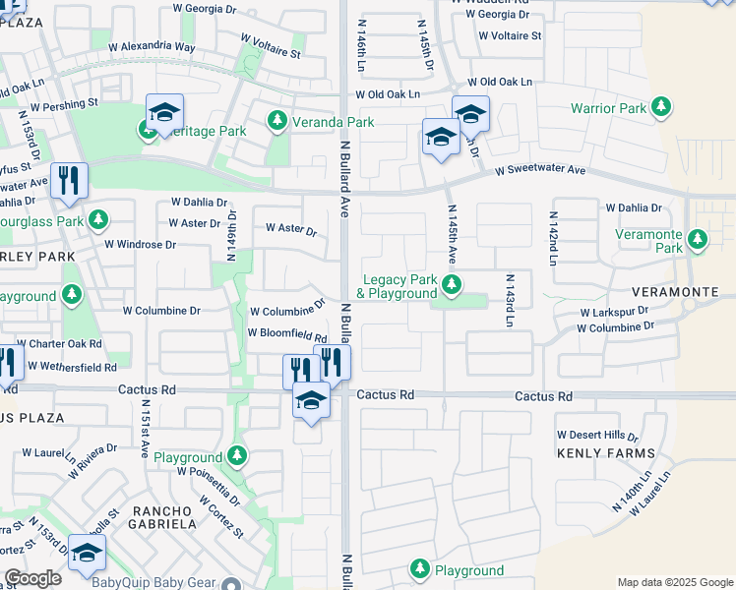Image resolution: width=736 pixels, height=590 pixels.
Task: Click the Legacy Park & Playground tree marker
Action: point(452,285)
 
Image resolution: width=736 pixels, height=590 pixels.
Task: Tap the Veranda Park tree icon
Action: point(277,122)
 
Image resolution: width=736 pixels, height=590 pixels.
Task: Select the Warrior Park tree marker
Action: point(660,106)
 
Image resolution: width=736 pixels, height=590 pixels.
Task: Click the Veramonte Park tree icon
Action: point(698,239)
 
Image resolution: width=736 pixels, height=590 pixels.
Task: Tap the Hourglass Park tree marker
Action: point(98,220)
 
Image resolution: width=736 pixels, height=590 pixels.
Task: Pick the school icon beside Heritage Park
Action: point(164,111)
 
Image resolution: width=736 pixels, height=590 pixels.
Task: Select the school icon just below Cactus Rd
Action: point(311,400)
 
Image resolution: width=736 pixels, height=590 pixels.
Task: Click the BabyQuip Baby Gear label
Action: point(153,581)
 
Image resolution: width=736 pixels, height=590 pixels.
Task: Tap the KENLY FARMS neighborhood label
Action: point(605,453)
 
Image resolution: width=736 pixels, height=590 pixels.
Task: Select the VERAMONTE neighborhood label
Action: point(689,291)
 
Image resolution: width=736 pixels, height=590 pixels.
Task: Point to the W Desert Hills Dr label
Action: point(597,434)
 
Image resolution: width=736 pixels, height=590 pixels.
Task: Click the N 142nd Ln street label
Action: point(553,229)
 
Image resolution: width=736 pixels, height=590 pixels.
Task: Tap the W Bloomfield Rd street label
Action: point(286,334)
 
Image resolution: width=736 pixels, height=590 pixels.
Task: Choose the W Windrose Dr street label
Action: point(140,243)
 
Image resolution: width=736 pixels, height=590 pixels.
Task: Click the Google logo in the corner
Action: point(32,578)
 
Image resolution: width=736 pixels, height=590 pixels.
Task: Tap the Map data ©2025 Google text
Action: point(674,582)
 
